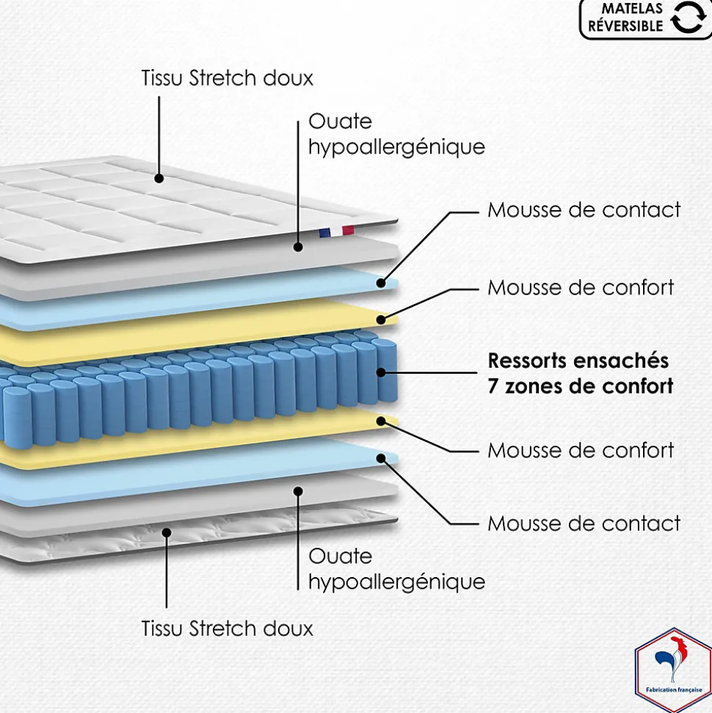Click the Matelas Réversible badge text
click(x=625, y=17)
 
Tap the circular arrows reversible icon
click(x=687, y=18)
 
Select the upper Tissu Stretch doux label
click(x=228, y=79)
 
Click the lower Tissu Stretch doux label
click(x=228, y=629)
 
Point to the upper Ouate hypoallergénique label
click(x=396, y=134)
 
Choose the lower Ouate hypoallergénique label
click(x=396, y=569)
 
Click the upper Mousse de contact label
click(x=584, y=210)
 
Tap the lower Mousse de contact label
click(x=584, y=524)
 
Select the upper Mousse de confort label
click(x=581, y=287)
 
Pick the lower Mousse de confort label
click(x=581, y=449)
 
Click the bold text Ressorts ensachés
click(x=578, y=361)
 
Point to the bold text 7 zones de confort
click(x=581, y=386)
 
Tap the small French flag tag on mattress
click(x=336, y=232)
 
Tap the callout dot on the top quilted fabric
click(x=159, y=177)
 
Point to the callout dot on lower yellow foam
click(x=381, y=421)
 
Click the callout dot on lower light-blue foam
click(x=382, y=458)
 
